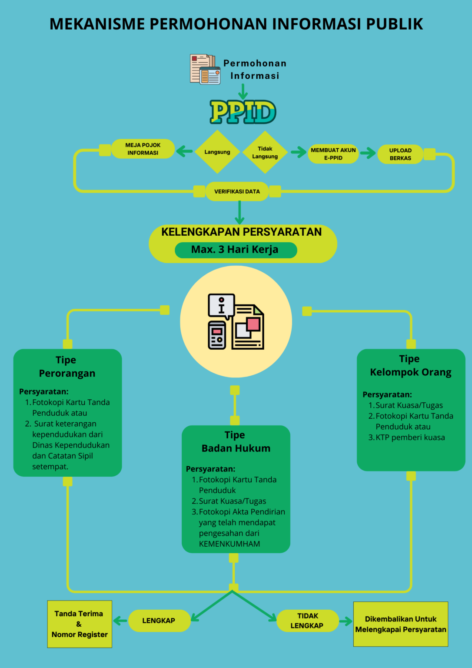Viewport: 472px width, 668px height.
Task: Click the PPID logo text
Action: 243,112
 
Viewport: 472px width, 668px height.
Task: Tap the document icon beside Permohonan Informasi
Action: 205,69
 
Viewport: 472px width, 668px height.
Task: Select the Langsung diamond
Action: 217,152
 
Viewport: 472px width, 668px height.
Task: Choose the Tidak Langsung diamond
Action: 265,152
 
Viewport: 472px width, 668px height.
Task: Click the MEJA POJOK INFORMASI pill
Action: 143,149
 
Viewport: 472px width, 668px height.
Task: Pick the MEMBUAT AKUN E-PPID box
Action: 333,154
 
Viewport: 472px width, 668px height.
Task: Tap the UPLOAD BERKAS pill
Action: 400,154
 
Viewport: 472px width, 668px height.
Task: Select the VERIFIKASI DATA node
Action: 237,191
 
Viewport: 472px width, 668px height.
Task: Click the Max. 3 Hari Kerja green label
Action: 236,250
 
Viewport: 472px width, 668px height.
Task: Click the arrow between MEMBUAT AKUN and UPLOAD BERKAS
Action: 368,153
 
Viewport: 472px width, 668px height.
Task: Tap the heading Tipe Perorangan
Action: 67,367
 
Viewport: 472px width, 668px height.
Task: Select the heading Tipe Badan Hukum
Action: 236,441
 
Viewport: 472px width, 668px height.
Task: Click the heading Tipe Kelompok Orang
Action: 410,365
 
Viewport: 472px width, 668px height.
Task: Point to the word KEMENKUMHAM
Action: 229,544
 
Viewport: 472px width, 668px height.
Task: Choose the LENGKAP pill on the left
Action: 159,621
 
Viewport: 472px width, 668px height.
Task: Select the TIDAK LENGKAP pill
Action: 307,621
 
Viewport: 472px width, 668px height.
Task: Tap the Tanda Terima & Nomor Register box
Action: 80,624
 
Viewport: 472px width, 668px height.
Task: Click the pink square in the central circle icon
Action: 253,324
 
